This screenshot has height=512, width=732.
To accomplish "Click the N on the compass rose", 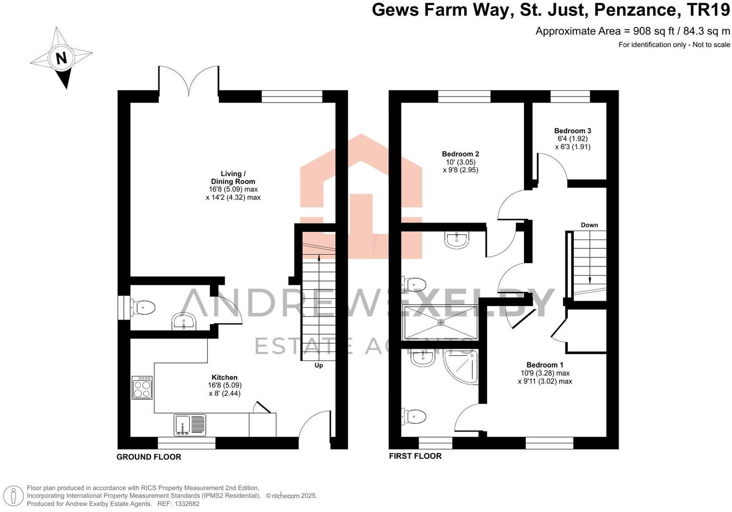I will click(x=61, y=58).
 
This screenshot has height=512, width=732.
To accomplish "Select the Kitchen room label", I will click(x=225, y=377).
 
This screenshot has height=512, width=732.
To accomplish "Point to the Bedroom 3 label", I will click(x=572, y=131).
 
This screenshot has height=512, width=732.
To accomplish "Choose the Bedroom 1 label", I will click(x=545, y=365).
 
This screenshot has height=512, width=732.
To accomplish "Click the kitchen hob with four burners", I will click(x=142, y=387).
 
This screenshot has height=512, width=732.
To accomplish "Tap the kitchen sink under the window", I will click(x=190, y=425).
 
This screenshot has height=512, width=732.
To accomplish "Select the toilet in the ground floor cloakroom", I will click(x=143, y=308).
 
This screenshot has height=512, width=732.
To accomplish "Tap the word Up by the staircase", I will click(x=319, y=365).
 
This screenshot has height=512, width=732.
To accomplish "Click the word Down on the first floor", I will click(x=589, y=225).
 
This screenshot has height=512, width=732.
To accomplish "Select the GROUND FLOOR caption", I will click(x=149, y=457).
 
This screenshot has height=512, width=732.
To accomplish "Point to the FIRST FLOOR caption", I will click(x=415, y=456).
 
